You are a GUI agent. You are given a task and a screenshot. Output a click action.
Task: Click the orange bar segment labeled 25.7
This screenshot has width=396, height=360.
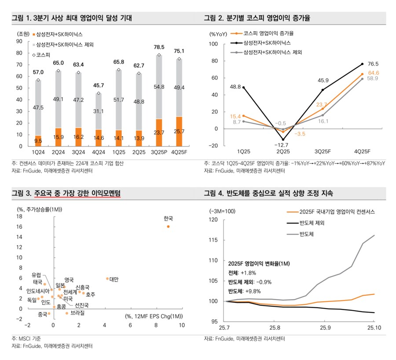pos(179,131)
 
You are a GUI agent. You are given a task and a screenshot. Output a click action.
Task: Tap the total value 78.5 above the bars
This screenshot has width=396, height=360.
pos(159,48)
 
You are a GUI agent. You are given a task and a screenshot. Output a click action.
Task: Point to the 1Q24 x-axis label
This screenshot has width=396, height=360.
pos(38,152)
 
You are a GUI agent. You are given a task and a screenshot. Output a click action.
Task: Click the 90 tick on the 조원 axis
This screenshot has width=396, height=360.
pos(19,41)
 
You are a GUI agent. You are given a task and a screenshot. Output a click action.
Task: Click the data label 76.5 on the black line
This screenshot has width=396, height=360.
pos(374,64)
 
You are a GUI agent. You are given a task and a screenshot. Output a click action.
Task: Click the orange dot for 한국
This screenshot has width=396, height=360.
pos(168,227)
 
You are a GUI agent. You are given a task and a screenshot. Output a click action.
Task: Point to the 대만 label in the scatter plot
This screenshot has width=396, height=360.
pos(113,279)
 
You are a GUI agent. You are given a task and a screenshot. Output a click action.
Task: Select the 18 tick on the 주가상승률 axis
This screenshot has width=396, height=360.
pos(19,217)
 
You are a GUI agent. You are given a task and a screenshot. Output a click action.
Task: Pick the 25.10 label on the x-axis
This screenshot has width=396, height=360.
pos(374,328)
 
